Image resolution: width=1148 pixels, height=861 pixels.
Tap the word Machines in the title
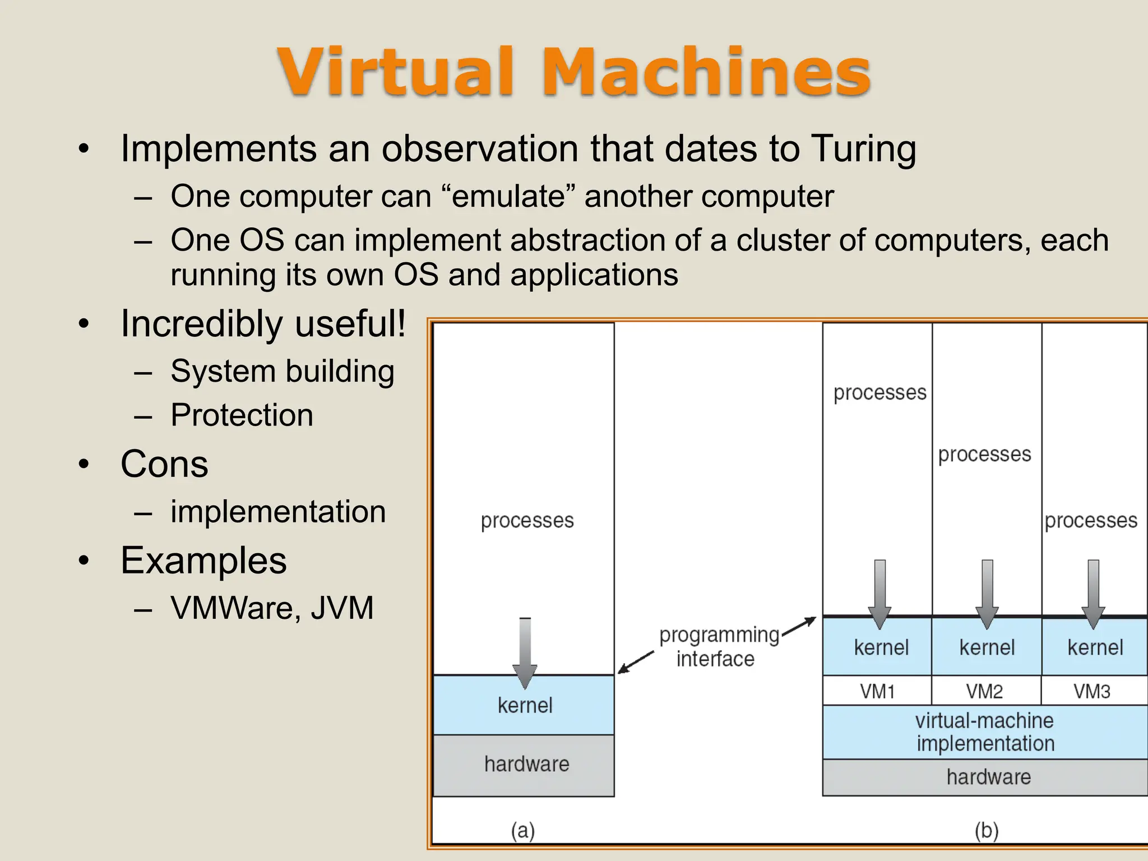click(705, 73)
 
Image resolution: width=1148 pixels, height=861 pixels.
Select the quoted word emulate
click(508, 197)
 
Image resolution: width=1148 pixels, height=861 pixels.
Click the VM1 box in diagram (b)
click(877, 691)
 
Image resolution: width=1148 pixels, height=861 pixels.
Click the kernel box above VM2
click(987, 648)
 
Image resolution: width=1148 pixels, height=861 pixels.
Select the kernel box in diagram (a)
click(524, 705)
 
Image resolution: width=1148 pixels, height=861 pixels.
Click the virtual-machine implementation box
click(985, 732)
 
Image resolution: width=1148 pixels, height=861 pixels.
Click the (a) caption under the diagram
click(522, 830)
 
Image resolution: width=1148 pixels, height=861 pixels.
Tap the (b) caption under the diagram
click(986, 830)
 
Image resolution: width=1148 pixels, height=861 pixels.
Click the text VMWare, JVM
click(272, 608)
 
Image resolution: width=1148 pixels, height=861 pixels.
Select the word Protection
click(242, 415)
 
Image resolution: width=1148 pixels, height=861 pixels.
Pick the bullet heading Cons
click(164, 464)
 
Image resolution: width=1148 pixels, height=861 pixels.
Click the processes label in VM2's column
click(984, 454)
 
